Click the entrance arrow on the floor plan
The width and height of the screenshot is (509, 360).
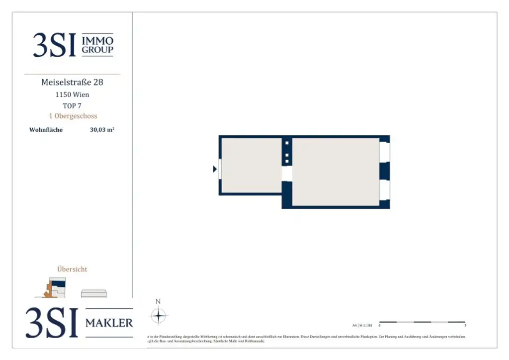tap(215, 169)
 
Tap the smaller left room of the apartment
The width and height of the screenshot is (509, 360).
tap(251, 165)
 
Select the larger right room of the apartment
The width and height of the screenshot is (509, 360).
tap(336, 172)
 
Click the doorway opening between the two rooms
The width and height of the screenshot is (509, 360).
tap(287, 173)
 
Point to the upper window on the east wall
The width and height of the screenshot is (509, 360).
tap(384, 152)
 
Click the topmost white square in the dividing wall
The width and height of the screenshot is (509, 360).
tap(287, 143)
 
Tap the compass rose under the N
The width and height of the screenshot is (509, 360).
tap(158, 316)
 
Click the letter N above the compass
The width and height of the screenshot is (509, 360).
tap(158, 301)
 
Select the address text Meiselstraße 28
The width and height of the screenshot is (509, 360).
tap(72, 82)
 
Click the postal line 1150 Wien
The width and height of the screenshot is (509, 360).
tap(72, 94)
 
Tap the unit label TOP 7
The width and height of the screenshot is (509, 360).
tap(72, 105)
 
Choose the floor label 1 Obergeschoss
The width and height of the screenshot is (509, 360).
tap(72, 116)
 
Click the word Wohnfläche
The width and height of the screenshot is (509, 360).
tap(46, 130)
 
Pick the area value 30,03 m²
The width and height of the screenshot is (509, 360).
tap(102, 130)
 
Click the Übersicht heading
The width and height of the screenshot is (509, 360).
tap(72, 269)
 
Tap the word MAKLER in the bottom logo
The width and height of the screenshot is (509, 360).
tap(109, 323)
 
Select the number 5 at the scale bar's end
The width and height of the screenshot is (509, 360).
tap(465, 326)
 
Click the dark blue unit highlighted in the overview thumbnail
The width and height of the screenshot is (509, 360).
tap(59, 283)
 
